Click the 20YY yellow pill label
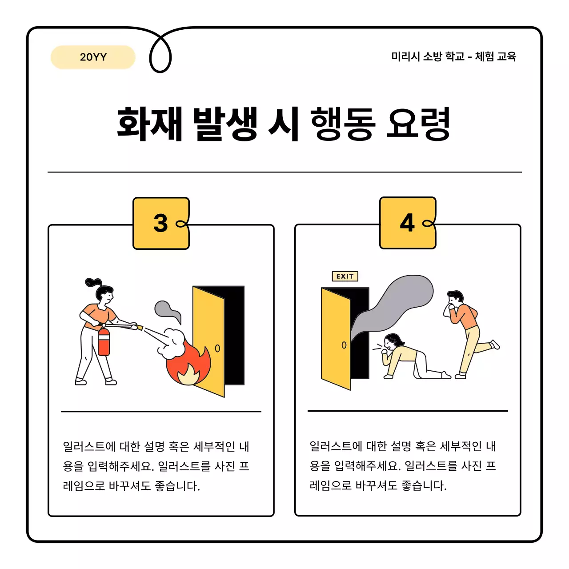pyautogui.click(x=93, y=57)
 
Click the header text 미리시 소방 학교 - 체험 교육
pyautogui.click(x=453, y=56)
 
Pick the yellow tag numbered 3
pyautogui.click(x=161, y=223)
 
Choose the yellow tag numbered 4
pyautogui.click(x=408, y=223)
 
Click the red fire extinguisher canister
pyautogui.click(x=104, y=342)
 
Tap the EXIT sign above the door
pyautogui.click(x=345, y=276)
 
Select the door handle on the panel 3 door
pyautogui.click(x=217, y=349)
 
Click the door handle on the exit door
pyautogui.click(x=344, y=345)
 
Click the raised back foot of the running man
pyautogui.click(x=495, y=345)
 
